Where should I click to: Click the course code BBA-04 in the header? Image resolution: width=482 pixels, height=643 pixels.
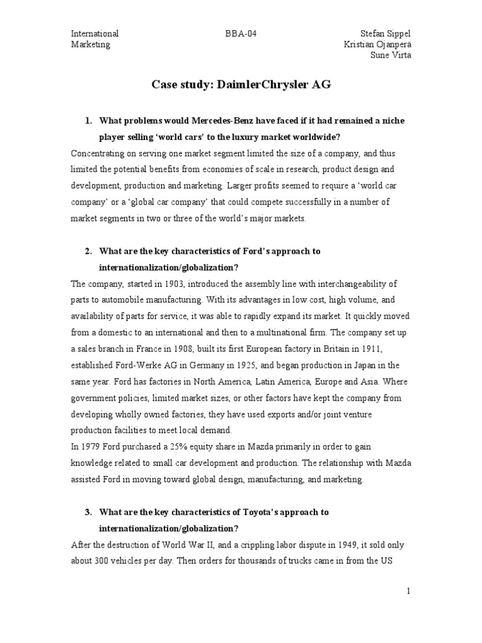[230, 33]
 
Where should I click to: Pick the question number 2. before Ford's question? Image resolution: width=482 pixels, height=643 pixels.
[88, 251]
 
